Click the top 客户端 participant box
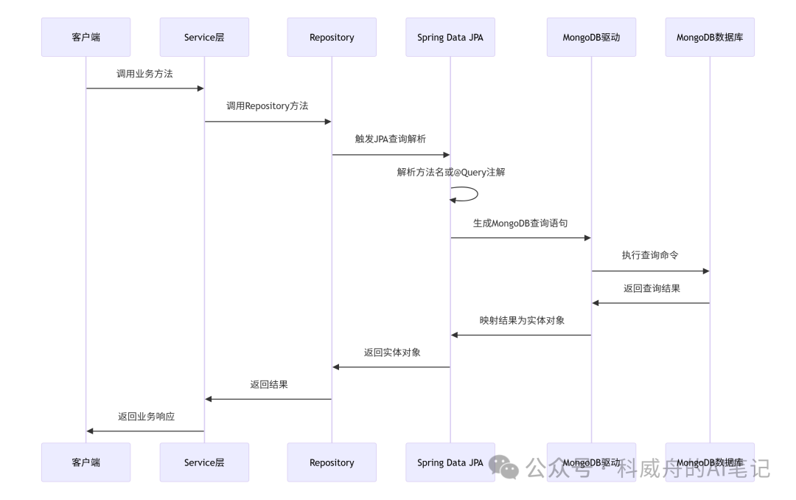[x=85, y=37]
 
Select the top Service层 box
[x=204, y=37]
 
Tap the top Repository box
[x=332, y=37]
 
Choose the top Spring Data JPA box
[x=450, y=37]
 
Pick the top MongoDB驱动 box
[x=591, y=37]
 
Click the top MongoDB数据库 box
[x=710, y=37]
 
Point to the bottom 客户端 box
[x=85, y=462]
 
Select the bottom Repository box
[x=332, y=462]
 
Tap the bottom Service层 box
[x=204, y=462]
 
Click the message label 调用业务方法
[x=144, y=74]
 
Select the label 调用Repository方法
[x=267, y=106]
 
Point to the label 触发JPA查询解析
[x=390, y=139]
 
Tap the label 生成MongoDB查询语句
[x=520, y=222]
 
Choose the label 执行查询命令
[x=649, y=255]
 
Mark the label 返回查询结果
[x=652, y=288]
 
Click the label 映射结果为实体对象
[x=522, y=320]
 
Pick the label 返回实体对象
[x=392, y=353]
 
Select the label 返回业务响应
[x=146, y=416]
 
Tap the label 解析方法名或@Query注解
[x=450, y=172]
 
